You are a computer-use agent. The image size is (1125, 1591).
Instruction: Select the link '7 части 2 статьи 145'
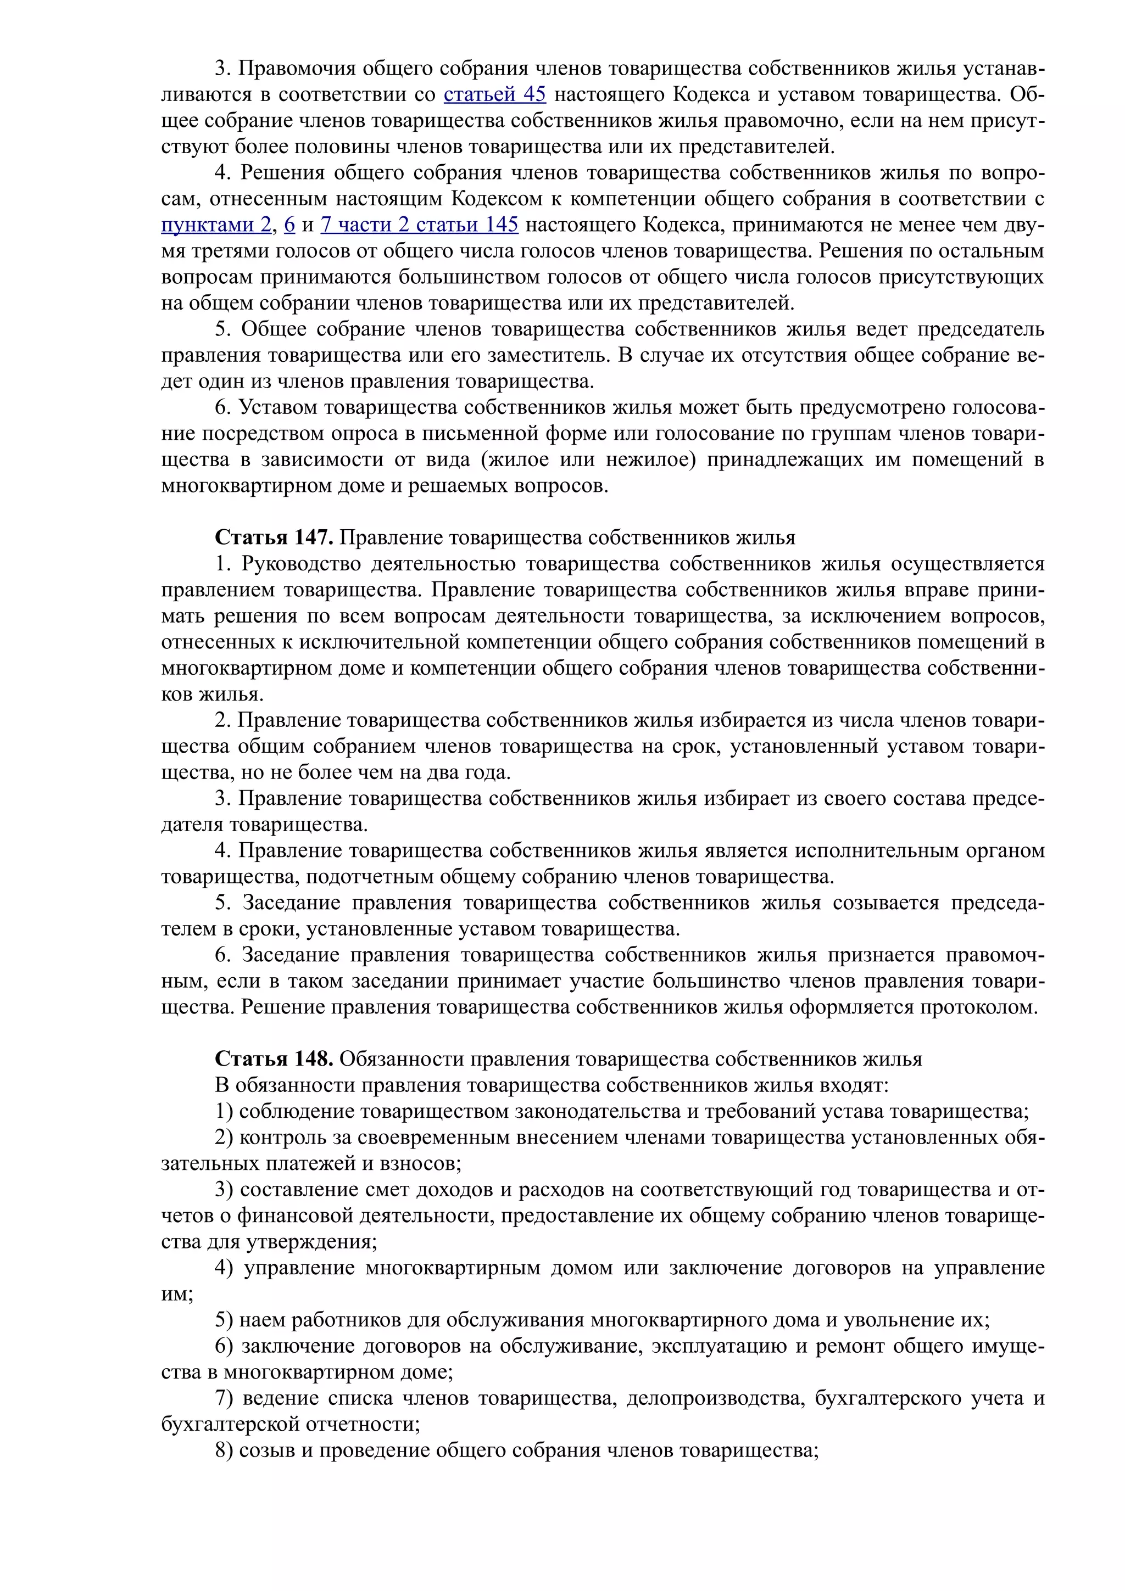tap(419, 225)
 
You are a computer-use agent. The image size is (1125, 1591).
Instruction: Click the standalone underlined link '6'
tap(289, 225)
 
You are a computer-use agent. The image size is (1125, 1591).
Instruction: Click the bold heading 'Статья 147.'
tap(275, 537)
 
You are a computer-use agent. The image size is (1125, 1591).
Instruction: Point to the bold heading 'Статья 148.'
tap(275, 1059)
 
